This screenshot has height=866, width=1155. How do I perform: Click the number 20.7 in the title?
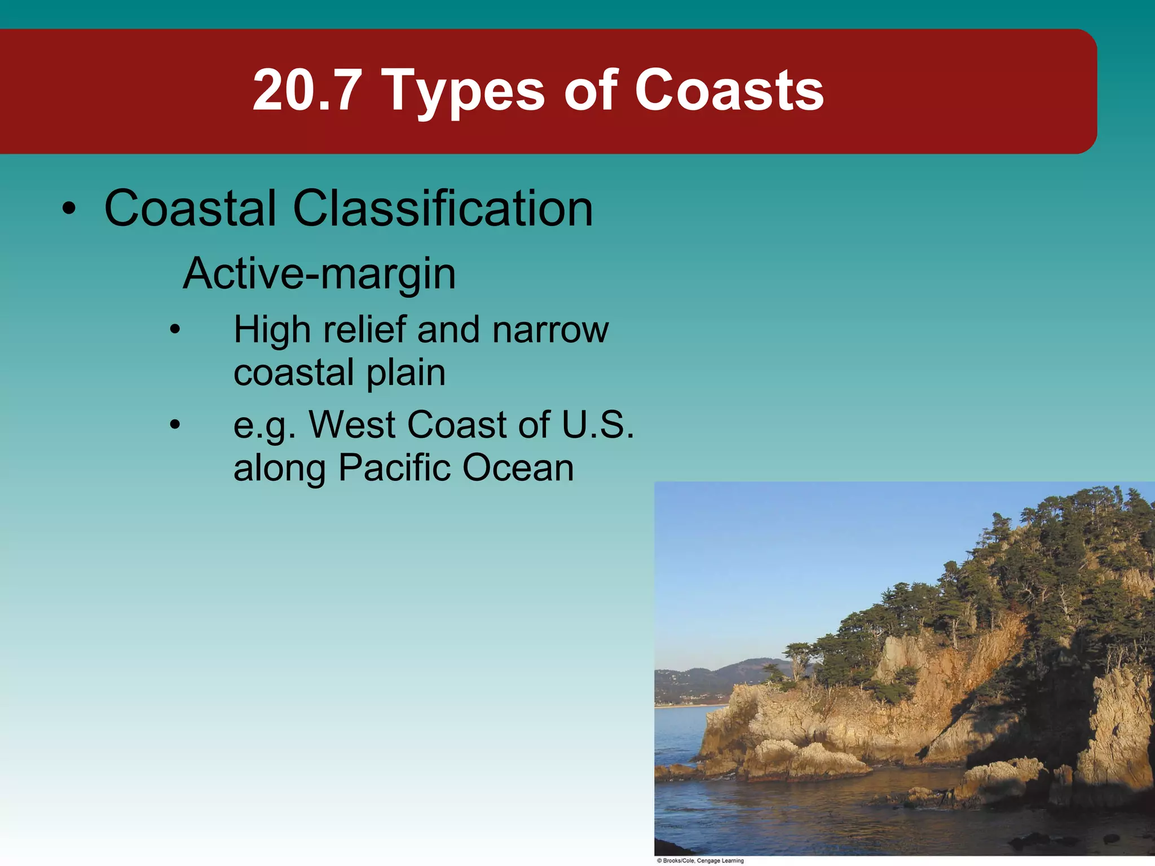(307, 90)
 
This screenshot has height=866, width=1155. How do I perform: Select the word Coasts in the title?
(729, 90)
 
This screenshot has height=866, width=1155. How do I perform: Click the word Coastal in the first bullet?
(191, 209)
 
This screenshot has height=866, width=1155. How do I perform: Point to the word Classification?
(443, 209)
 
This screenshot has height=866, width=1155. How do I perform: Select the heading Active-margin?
(319, 274)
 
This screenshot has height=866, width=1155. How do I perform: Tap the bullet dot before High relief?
(175, 330)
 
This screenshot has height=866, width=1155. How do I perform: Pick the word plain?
(406, 373)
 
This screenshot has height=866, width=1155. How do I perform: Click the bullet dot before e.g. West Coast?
(175, 425)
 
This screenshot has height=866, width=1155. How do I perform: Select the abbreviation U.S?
(598, 424)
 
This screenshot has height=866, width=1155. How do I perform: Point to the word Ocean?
(518, 468)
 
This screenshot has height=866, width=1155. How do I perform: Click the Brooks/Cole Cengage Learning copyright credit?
(700, 860)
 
